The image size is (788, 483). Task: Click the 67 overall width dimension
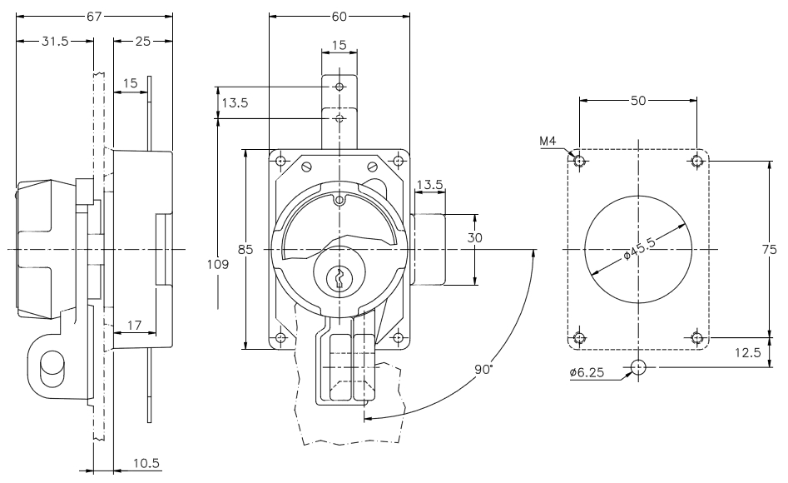pyautogui.click(x=94, y=16)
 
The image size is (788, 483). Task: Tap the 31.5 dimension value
pyautogui.click(x=54, y=42)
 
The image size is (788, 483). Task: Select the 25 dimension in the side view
pyautogui.click(x=142, y=42)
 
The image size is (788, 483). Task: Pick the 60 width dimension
pyautogui.click(x=339, y=16)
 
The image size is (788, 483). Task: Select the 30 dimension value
pyautogui.click(x=474, y=237)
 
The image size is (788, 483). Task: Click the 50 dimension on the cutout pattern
pyautogui.click(x=637, y=99)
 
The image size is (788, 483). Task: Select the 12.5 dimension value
pyautogui.click(x=749, y=352)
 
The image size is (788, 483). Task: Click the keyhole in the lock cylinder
pyautogui.click(x=339, y=278)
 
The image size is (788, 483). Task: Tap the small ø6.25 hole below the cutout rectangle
pyautogui.click(x=638, y=367)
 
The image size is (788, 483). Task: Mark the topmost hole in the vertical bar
pyautogui.click(x=339, y=87)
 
